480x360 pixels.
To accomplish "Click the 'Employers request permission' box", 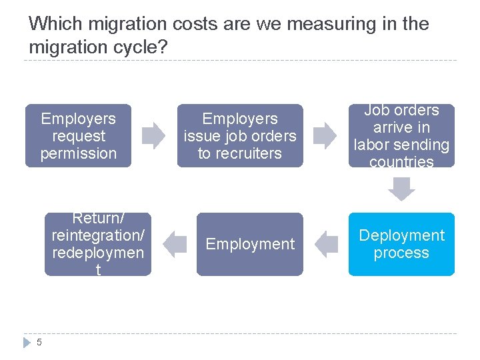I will click(x=78, y=135).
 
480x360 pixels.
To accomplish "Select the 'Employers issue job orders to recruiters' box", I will click(x=240, y=135).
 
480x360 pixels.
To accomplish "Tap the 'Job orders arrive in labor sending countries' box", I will click(x=401, y=135).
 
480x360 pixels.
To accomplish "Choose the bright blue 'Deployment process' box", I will click(x=401, y=244).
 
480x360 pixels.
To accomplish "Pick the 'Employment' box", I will click(x=249, y=244).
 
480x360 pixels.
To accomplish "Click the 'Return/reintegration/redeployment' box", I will click(x=98, y=244).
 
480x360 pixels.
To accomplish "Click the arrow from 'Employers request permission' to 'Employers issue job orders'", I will click(x=155, y=135).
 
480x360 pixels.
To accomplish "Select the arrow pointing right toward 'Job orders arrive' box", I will click(x=325, y=135).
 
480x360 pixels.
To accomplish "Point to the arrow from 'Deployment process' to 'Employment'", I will click(x=326, y=244).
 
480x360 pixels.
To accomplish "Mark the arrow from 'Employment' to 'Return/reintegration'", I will click(x=174, y=244).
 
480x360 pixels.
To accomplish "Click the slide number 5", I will click(x=39, y=342).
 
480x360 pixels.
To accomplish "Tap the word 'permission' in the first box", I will click(x=78, y=153).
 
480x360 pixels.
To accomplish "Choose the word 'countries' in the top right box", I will click(x=401, y=162).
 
